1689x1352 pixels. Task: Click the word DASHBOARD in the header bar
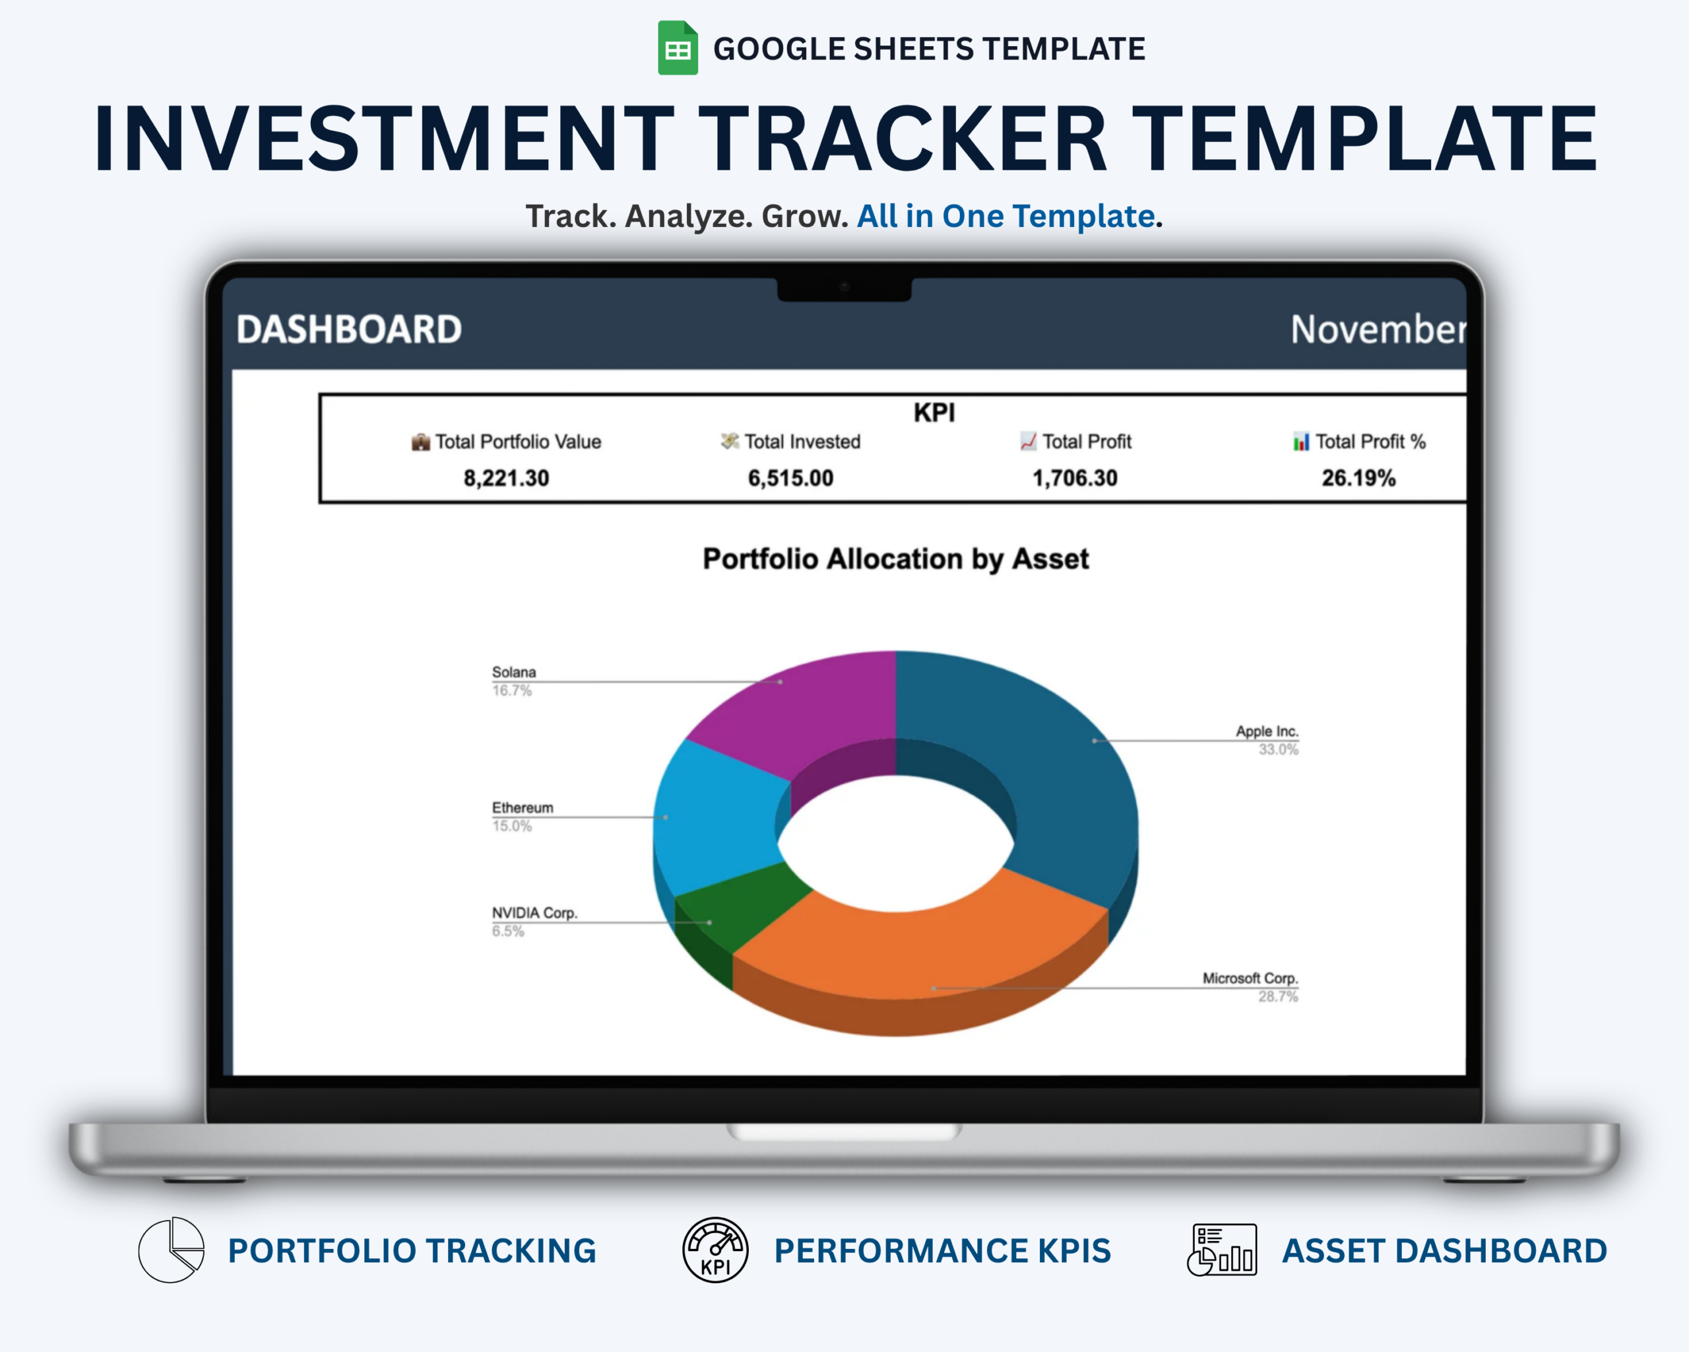pyautogui.click(x=350, y=329)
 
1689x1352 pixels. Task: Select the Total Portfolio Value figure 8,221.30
pyautogui.click(x=506, y=478)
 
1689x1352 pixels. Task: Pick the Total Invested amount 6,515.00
pyautogui.click(x=790, y=478)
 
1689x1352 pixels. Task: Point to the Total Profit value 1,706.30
pyautogui.click(x=1075, y=478)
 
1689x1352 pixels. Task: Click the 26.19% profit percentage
pyautogui.click(x=1358, y=478)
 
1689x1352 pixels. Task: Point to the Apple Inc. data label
pyautogui.click(x=1267, y=731)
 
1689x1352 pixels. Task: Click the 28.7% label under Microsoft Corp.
pyautogui.click(x=1278, y=996)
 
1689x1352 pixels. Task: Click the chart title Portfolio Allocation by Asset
pyautogui.click(x=895, y=559)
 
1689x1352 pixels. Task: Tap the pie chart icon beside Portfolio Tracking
pyautogui.click(x=172, y=1250)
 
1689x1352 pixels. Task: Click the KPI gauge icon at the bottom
pyautogui.click(x=715, y=1250)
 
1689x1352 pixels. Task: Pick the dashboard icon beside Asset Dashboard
pyautogui.click(x=1222, y=1250)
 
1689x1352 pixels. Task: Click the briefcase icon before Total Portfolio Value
pyautogui.click(x=421, y=442)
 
